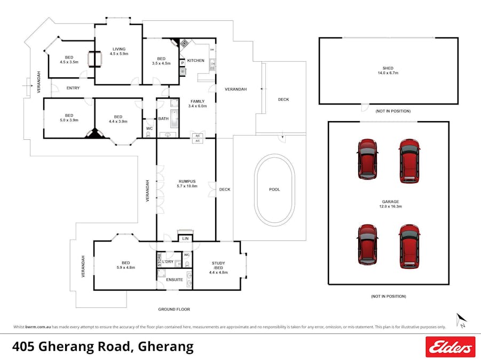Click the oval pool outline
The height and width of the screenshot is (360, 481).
pyautogui.click(x=274, y=190)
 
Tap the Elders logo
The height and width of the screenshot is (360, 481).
pyautogui.click(x=450, y=347)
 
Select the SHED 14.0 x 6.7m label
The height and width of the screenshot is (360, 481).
pyautogui.click(x=388, y=70)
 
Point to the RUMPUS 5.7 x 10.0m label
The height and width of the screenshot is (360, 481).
pyautogui.click(x=186, y=184)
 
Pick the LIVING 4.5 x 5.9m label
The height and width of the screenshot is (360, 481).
pyautogui.click(x=119, y=51)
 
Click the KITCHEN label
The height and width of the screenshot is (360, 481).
pyautogui.click(x=195, y=60)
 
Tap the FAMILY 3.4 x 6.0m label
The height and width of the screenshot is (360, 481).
pyautogui.click(x=198, y=103)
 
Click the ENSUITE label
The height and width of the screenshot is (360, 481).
pyautogui.click(x=174, y=279)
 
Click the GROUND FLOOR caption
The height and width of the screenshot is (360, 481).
pyautogui.click(x=174, y=309)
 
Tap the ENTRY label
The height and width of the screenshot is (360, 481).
pyautogui.click(x=73, y=88)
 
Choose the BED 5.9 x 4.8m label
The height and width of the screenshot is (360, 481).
pyautogui.click(x=125, y=265)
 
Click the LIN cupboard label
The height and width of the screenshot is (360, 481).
pyautogui.click(x=185, y=238)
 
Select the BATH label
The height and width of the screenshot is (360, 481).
pyautogui.click(x=163, y=118)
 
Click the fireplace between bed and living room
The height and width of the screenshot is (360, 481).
pyautogui.click(x=94, y=59)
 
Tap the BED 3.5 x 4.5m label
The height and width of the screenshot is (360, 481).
pyautogui.click(x=161, y=61)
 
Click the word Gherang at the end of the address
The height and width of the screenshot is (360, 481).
pyautogui.click(x=165, y=347)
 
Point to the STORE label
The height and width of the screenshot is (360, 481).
pyautogui.click(x=159, y=260)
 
